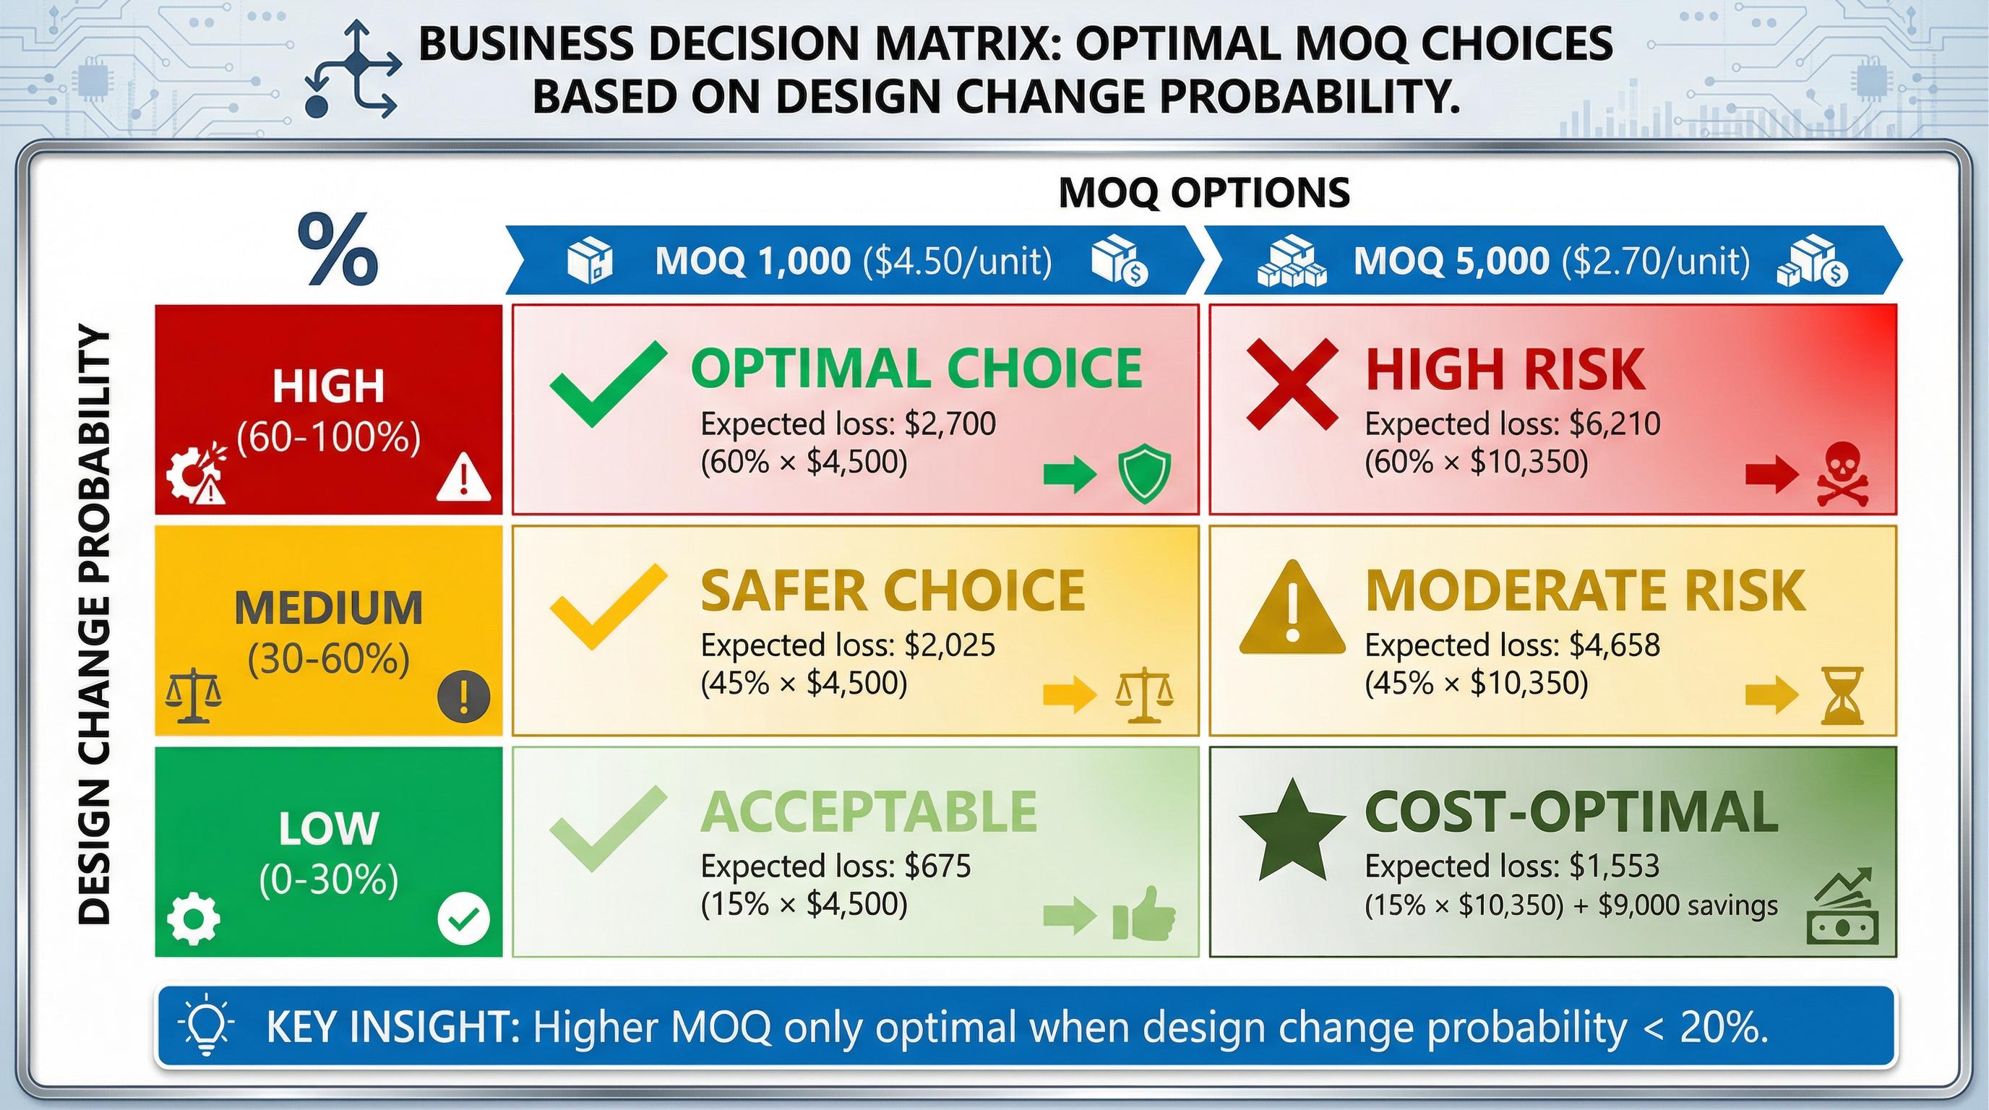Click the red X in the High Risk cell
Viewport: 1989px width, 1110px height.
coord(1292,384)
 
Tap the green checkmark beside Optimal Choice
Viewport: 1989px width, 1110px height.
coord(608,384)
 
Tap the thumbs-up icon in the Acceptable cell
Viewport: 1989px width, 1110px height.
coord(1143,914)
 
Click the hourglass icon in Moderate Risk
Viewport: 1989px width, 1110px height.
coord(1842,695)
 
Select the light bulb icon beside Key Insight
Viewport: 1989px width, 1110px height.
coord(206,1028)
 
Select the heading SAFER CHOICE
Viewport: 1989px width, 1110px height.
coord(893,591)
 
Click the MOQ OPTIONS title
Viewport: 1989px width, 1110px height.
coord(1204,192)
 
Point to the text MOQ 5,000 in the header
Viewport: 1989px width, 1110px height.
coord(1451,261)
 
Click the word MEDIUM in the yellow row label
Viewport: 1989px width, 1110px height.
coord(328,608)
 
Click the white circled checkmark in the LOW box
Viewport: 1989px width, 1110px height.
coord(463,918)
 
